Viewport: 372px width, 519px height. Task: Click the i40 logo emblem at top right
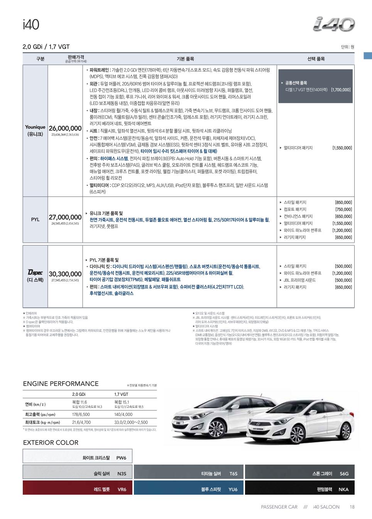(x=333, y=24)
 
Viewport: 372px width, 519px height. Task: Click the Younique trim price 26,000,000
(x=65, y=128)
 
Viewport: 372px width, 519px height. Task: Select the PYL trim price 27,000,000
(x=65, y=217)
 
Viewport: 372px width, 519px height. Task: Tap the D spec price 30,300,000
(x=65, y=274)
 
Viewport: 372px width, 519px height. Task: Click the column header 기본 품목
(x=185, y=59)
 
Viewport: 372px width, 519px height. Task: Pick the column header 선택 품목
(x=316, y=59)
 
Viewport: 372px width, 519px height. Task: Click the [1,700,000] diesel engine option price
(x=341, y=90)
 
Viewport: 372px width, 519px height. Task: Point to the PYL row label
(x=35, y=220)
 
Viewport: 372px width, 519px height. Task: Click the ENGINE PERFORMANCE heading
(x=61, y=384)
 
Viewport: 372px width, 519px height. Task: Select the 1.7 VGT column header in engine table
(x=121, y=394)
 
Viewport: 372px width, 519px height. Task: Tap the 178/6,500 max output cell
(x=81, y=414)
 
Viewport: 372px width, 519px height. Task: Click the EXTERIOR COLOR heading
(x=51, y=442)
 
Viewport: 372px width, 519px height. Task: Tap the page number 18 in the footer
(x=352, y=507)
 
